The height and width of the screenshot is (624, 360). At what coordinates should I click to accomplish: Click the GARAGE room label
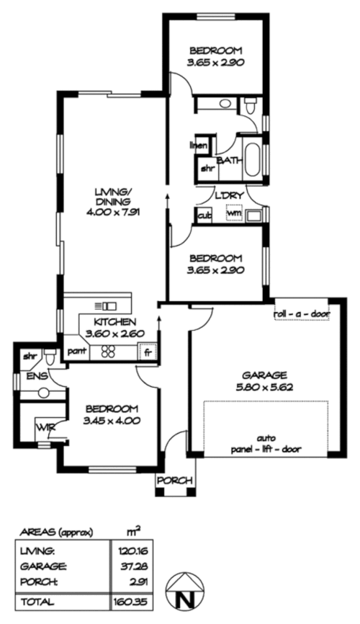pyautogui.click(x=265, y=375)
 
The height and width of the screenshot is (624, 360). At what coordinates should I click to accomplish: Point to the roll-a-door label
pyautogui.click(x=301, y=314)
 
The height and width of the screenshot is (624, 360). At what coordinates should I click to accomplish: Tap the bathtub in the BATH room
pyautogui.click(x=253, y=160)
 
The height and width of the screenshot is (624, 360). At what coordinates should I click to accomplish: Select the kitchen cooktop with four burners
pyautogui.click(x=109, y=352)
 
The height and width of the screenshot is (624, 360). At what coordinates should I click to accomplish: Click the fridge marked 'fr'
pyautogui.click(x=148, y=352)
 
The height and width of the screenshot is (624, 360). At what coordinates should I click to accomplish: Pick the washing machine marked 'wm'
pyautogui.click(x=234, y=214)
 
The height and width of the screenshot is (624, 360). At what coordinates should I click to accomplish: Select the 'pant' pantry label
pyautogui.click(x=76, y=352)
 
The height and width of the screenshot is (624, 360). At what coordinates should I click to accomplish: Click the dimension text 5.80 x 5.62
pyautogui.click(x=265, y=386)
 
